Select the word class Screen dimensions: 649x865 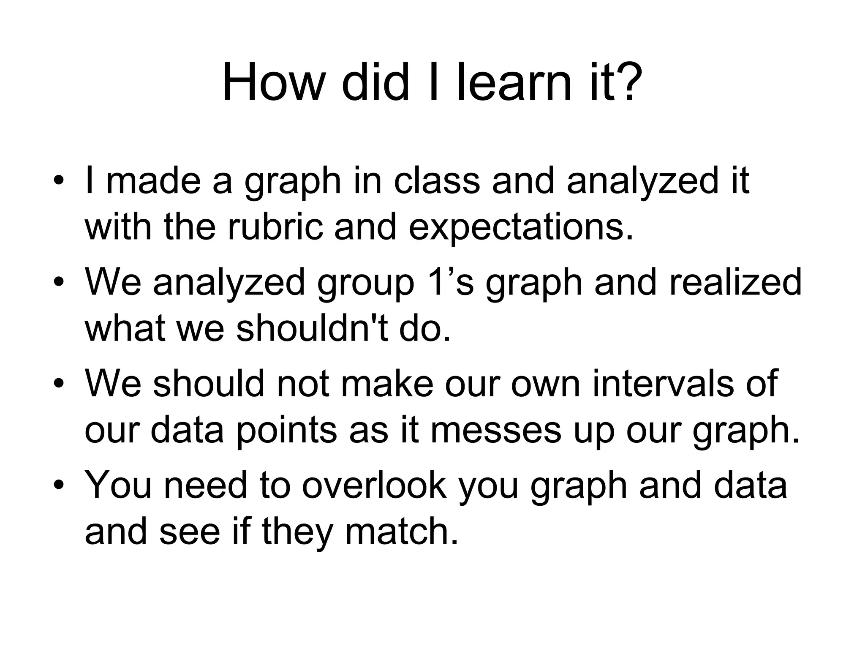[437, 181]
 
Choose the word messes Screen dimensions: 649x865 [496, 430]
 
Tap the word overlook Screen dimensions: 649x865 [374, 485]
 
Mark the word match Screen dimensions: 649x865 [401, 531]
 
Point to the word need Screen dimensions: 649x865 [205, 485]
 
